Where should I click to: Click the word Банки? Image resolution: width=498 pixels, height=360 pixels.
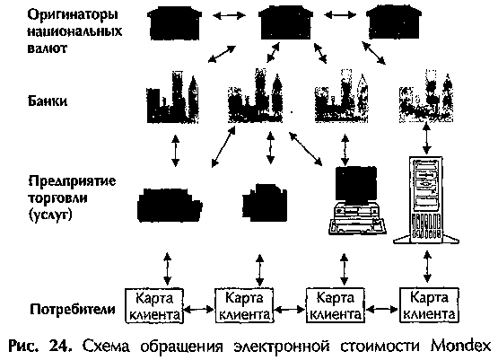click(x=48, y=101)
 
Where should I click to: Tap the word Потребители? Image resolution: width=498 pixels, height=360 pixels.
click(x=73, y=309)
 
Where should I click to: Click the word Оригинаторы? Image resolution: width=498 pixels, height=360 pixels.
click(x=73, y=15)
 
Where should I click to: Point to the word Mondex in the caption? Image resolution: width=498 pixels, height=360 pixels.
click(x=460, y=347)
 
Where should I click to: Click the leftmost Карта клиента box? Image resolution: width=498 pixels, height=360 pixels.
click(x=154, y=305)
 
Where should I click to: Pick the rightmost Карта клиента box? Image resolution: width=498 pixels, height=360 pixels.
click(x=429, y=305)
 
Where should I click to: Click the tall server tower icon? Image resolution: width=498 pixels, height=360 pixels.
click(x=426, y=200)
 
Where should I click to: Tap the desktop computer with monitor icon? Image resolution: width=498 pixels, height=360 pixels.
click(x=357, y=200)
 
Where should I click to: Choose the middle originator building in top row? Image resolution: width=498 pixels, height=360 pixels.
click(x=285, y=22)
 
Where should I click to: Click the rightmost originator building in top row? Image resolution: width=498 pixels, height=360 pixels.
click(x=394, y=22)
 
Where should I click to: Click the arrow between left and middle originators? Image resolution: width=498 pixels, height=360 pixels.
click(x=230, y=15)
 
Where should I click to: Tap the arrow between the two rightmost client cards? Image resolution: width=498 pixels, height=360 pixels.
click(x=381, y=309)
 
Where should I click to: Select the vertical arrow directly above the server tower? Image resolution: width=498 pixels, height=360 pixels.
click(x=427, y=138)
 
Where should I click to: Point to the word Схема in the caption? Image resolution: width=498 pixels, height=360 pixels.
click(x=107, y=347)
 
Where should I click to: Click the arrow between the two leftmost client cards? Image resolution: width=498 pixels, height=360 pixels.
click(x=199, y=309)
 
